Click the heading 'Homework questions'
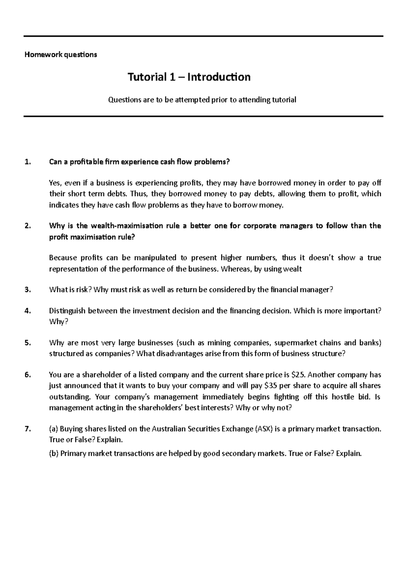[x=61, y=55]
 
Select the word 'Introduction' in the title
[x=219, y=77]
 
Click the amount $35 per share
[x=271, y=385]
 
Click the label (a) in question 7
[x=54, y=429]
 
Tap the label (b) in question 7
[x=54, y=453]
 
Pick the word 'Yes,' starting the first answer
[x=56, y=183]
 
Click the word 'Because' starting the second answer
[x=63, y=258]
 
